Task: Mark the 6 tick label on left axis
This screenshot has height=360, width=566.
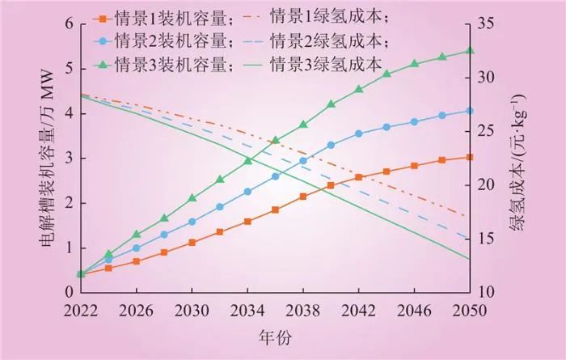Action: (68, 23)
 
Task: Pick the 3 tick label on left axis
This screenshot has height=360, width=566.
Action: (68, 158)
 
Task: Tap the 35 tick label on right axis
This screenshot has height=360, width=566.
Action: (486, 23)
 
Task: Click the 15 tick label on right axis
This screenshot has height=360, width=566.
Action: (486, 238)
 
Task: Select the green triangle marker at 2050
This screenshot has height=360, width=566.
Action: (469, 51)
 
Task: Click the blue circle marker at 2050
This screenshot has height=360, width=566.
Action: (469, 111)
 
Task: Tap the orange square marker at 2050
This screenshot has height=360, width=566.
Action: (469, 157)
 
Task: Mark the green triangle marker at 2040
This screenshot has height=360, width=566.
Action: (331, 104)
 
